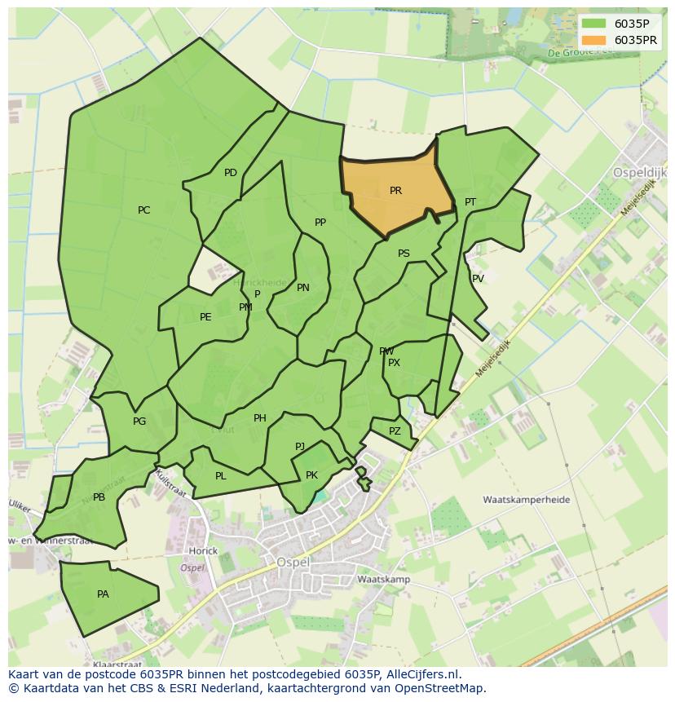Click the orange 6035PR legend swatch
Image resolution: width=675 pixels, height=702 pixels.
pos(594,40)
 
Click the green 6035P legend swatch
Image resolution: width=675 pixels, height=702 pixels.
pos(594,24)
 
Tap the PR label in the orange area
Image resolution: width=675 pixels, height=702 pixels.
pos(395,191)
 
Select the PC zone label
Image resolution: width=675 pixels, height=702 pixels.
pos(143,210)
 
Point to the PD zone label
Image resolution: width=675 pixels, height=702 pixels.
pos(231,173)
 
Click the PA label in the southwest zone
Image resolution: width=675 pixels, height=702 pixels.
pos(103,594)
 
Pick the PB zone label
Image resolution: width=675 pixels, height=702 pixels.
pos(99,497)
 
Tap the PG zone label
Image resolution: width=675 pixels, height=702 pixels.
pos(139,422)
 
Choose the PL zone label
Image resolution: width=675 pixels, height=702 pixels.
pos(221,476)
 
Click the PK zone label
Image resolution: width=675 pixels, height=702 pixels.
pos(311,475)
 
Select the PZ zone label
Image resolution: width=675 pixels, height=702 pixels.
pos(395,431)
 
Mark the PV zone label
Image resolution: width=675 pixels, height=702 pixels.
pos(478,279)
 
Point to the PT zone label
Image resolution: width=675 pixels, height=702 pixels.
pos(470,202)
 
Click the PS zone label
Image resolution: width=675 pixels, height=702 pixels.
pos(404,254)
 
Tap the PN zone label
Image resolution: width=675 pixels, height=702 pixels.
pos(303,288)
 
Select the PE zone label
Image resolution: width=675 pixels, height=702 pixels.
pos(205,317)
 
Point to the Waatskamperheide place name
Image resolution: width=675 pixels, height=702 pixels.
pos(526,500)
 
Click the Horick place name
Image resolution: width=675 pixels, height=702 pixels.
pos(203,551)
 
